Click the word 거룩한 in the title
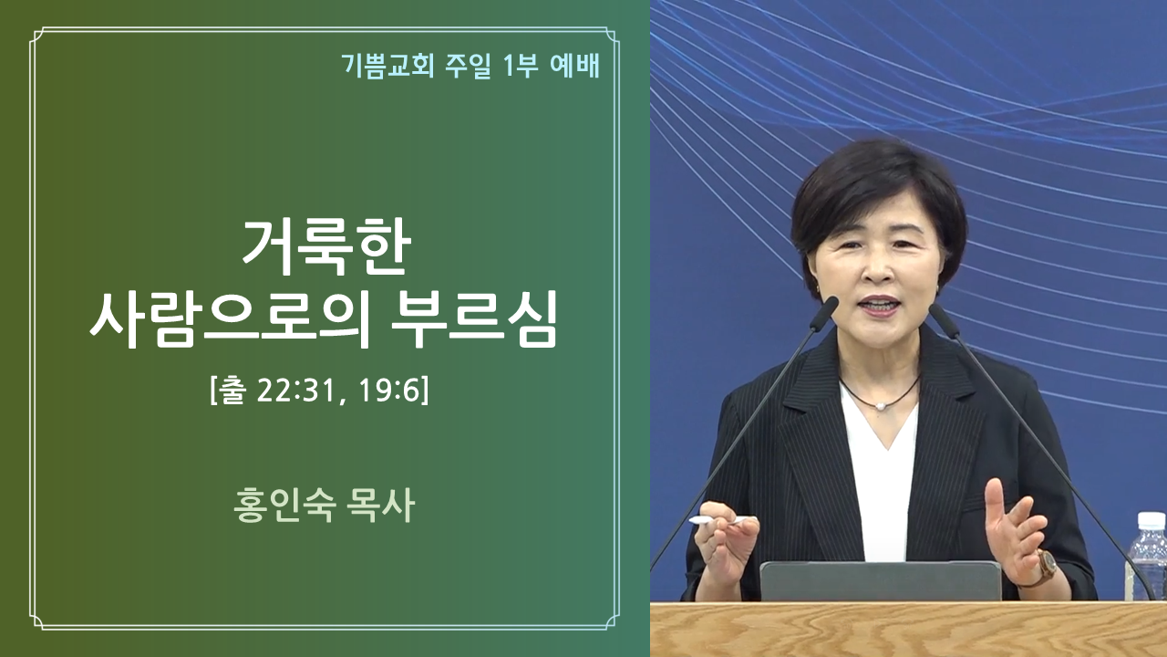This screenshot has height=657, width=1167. tap(326, 246)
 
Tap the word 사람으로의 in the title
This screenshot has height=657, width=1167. tap(230, 318)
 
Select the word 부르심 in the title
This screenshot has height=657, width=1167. tap(474, 318)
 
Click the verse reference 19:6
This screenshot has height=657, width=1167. tap(388, 391)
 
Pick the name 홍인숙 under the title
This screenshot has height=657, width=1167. tap(284, 505)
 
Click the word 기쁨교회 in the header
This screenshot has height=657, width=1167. tap(387, 66)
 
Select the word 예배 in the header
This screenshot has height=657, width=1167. tap(574, 66)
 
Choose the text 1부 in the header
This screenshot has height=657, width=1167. tap(521, 66)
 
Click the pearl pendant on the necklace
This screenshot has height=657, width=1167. tap(881, 406)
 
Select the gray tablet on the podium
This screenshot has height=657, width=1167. tap(881, 581)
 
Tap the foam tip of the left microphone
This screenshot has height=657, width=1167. tap(824, 313)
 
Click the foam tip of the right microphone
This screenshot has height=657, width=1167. tap(944, 320)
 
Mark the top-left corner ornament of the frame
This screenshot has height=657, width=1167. tap(37, 36)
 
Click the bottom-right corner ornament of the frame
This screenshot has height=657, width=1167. tap(612, 622)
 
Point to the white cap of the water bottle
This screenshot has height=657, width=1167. tap(1152, 521)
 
